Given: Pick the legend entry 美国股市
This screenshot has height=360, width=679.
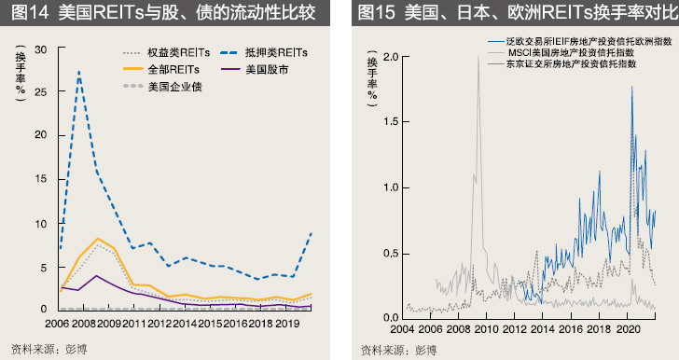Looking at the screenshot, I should point(268,69).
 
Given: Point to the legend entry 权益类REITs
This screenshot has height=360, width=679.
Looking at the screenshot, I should point(177,52).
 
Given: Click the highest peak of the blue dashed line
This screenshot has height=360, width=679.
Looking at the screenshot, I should point(78,71).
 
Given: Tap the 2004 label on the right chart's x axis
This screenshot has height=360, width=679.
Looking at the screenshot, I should point(402,330).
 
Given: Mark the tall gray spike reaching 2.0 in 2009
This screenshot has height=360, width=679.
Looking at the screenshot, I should point(478,59).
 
